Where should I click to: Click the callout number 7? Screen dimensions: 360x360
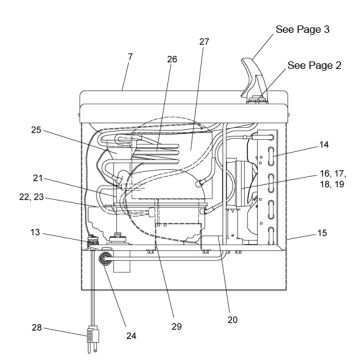pyautogui.click(x=130, y=56)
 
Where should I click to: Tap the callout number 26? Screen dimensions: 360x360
pyautogui.click(x=172, y=59)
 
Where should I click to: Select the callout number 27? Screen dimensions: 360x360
pyautogui.click(x=204, y=42)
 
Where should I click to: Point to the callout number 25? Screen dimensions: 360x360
pyautogui.click(x=36, y=130)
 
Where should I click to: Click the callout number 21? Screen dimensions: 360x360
pyautogui.click(x=38, y=178)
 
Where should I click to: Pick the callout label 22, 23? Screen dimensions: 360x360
pyautogui.click(x=31, y=197)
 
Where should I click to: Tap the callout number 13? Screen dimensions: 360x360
pyautogui.click(x=35, y=232)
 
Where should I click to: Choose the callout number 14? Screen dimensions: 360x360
pyautogui.click(x=323, y=145)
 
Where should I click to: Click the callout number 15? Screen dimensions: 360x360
pyautogui.click(x=322, y=233)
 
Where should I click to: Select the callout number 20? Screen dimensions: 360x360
pyautogui.click(x=233, y=319)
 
